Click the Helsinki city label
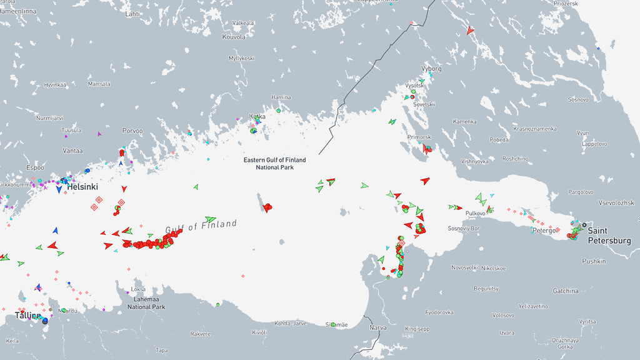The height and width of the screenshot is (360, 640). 82,187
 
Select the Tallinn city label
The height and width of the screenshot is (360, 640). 27,316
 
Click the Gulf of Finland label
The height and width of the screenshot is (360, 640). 201,226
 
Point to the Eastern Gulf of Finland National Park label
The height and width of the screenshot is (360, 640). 275,164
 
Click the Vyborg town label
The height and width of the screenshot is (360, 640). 432,68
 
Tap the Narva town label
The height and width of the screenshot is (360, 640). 379,327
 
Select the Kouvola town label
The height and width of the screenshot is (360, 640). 234,37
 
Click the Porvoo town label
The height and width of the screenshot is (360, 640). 132,131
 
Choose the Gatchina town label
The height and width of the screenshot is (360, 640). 566,291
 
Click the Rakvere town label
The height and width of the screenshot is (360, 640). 200,333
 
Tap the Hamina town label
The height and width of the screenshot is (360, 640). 281,97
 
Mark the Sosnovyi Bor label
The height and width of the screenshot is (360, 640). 462,229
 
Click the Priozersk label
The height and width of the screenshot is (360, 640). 566,3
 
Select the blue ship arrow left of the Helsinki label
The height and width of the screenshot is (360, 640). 59,189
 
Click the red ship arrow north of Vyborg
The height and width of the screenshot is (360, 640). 470,29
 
